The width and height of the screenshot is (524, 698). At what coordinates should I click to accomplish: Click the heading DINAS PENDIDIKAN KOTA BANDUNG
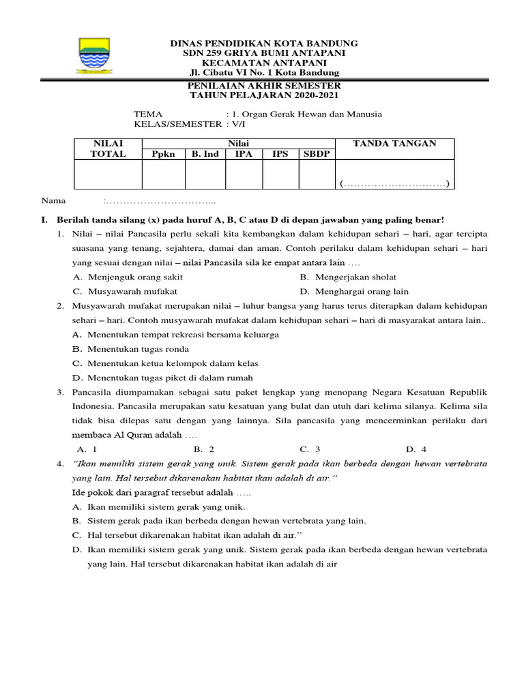point(263,44)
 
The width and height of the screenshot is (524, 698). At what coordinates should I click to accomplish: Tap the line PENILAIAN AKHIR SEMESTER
point(263,86)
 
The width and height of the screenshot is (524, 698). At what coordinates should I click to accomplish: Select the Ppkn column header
point(163,154)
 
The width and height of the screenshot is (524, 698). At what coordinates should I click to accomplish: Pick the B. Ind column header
point(205,154)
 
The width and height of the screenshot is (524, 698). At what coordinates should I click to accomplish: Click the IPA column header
point(244,154)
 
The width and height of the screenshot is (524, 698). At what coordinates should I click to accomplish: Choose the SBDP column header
point(317,154)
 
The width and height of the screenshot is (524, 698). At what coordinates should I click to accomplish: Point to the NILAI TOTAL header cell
point(108,149)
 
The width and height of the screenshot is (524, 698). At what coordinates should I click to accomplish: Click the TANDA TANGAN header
point(394,143)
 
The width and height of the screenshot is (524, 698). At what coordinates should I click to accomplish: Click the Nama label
point(54,201)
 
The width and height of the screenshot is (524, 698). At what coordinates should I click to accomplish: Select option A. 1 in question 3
point(87,449)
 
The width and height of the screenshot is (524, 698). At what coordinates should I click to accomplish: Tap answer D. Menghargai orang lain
point(353,290)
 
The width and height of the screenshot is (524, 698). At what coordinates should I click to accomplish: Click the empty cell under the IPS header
point(280,174)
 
